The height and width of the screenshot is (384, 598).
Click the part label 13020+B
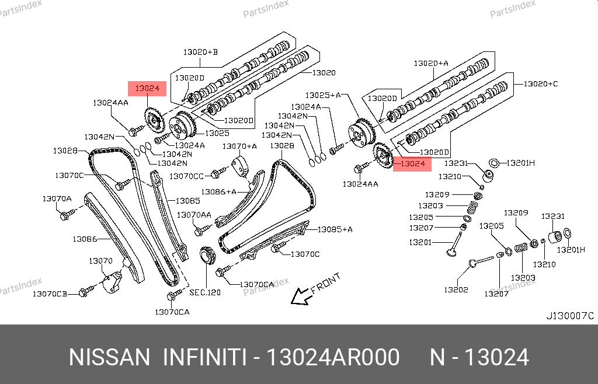(x=200, y=53)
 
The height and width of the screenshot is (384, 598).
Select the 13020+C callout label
(x=540, y=84)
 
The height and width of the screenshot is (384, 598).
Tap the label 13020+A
(x=431, y=63)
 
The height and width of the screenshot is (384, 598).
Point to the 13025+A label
(x=323, y=95)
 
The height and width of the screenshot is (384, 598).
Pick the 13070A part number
(x=57, y=199)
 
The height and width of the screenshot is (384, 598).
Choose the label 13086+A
(x=219, y=191)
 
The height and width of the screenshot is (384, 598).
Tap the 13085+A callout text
(x=335, y=229)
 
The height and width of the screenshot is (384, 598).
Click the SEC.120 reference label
(x=205, y=292)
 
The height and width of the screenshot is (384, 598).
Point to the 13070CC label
(x=186, y=176)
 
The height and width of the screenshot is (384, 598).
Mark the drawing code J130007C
(x=569, y=316)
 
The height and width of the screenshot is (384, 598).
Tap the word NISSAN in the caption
(x=109, y=357)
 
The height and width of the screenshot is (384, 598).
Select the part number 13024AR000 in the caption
(x=333, y=357)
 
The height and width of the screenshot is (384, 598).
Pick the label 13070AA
(x=194, y=215)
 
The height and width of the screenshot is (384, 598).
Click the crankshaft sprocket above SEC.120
(x=206, y=257)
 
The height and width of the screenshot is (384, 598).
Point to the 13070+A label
(x=239, y=146)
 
